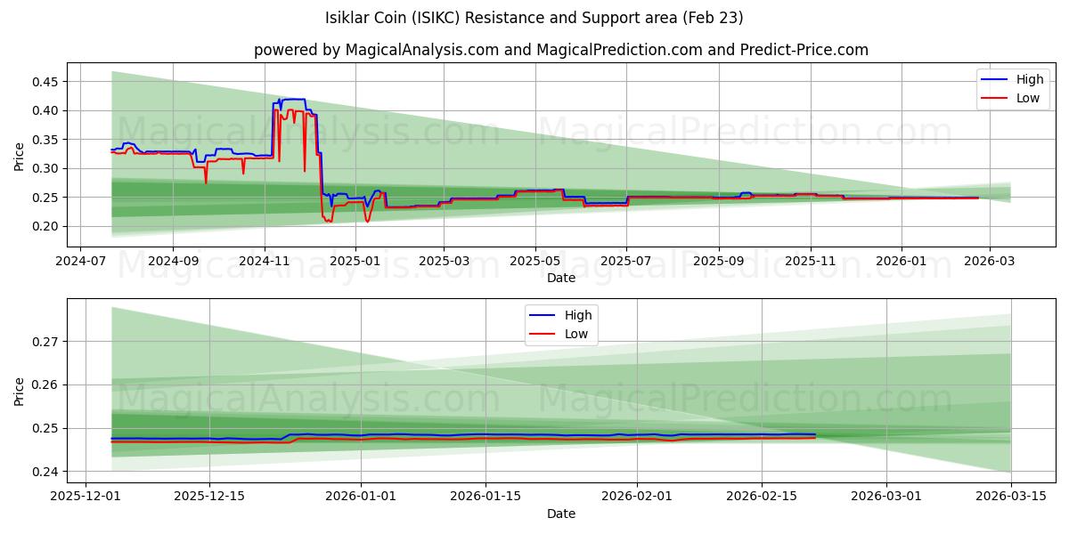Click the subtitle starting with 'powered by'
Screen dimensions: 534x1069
(560, 50)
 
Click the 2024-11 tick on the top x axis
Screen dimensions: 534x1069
(264, 262)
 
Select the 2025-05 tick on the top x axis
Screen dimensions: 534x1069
(535, 262)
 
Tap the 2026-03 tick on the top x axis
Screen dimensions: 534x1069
(992, 262)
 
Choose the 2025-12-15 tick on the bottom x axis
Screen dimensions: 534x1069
(209, 497)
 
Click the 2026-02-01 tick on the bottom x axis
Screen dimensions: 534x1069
(637, 497)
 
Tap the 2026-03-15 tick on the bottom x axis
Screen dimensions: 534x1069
(1011, 497)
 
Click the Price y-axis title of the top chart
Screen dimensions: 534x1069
(20, 156)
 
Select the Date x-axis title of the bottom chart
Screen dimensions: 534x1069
(560, 514)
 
